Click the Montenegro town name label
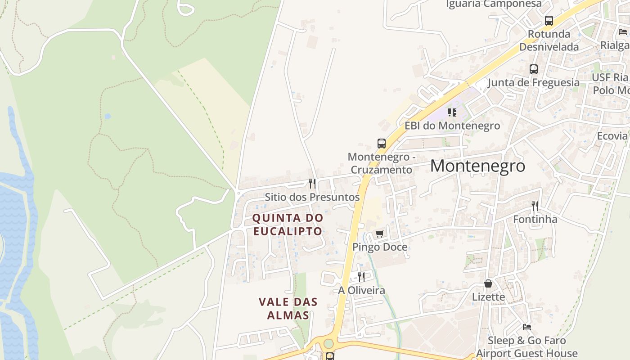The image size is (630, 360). [477, 166]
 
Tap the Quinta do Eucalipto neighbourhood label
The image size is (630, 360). [288, 225]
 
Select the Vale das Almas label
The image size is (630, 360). [288, 308]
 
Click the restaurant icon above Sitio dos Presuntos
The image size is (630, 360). [312, 183]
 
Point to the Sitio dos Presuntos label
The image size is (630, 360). [312, 197]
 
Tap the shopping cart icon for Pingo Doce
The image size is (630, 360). [380, 234]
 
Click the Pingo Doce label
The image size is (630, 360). [380, 247]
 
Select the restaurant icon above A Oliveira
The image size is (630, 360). [361, 277]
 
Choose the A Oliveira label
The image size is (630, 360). [361, 290]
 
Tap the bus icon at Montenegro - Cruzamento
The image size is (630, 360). [382, 144]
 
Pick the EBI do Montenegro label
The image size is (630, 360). [452, 126]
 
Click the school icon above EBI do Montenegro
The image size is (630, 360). [452, 112]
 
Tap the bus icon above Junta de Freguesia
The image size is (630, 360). [534, 69]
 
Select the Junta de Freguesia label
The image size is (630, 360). [534, 82]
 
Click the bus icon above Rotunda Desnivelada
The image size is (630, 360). [549, 21]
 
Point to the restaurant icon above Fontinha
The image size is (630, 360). [535, 206]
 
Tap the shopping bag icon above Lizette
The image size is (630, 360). [488, 283]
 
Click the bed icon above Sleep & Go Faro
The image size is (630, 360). [527, 327]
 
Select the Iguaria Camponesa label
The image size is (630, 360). [494, 4]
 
